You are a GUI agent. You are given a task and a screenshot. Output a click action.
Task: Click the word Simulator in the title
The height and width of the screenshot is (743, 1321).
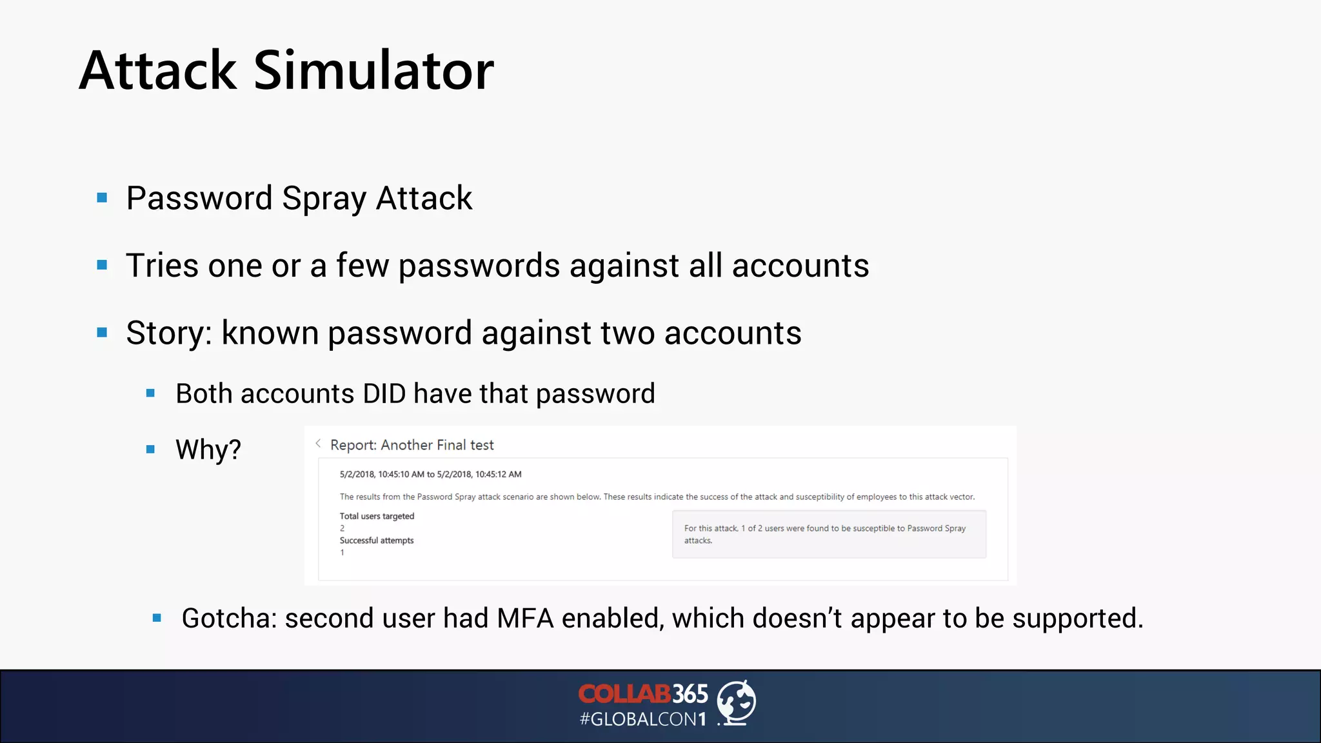pyautogui.click(x=373, y=70)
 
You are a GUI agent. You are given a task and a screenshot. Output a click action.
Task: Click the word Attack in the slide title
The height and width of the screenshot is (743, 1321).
pyautogui.click(x=158, y=70)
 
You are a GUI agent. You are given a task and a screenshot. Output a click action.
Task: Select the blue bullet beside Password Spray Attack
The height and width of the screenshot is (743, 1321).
pyautogui.click(x=102, y=198)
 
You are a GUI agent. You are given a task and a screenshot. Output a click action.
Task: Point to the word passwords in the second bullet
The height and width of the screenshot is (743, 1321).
pyautogui.click(x=479, y=266)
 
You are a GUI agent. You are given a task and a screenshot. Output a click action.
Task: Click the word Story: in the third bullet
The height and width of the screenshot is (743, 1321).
pyautogui.click(x=169, y=333)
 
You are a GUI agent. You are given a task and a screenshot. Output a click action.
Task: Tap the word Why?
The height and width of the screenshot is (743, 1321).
pyautogui.click(x=208, y=450)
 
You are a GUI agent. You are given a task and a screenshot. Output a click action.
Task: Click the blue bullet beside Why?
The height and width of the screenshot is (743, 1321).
pyautogui.click(x=150, y=450)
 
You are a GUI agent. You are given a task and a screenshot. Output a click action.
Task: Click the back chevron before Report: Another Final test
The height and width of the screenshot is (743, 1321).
pyautogui.click(x=318, y=444)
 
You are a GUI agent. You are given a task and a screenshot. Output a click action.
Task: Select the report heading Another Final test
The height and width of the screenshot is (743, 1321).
pyautogui.click(x=437, y=445)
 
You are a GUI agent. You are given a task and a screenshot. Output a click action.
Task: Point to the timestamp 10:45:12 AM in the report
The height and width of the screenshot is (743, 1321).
pyautogui.click(x=498, y=474)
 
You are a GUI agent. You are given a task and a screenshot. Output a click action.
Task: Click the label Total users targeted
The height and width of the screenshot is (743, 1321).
pyautogui.click(x=377, y=516)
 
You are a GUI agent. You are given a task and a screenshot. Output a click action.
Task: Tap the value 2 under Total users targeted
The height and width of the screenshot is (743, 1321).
pyautogui.click(x=343, y=528)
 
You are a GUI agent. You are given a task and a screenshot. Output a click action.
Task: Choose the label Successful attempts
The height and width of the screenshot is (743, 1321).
pyautogui.click(x=377, y=540)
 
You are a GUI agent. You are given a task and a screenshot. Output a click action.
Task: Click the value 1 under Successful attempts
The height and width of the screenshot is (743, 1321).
pyautogui.click(x=343, y=553)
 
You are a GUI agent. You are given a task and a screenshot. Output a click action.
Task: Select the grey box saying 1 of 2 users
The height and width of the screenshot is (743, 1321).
pyautogui.click(x=829, y=534)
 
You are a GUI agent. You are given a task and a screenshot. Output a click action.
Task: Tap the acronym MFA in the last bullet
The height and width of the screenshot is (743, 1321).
pyautogui.click(x=525, y=619)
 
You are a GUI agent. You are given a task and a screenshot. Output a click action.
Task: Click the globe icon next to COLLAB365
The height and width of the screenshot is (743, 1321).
pyautogui.click(x=737, y=702)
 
